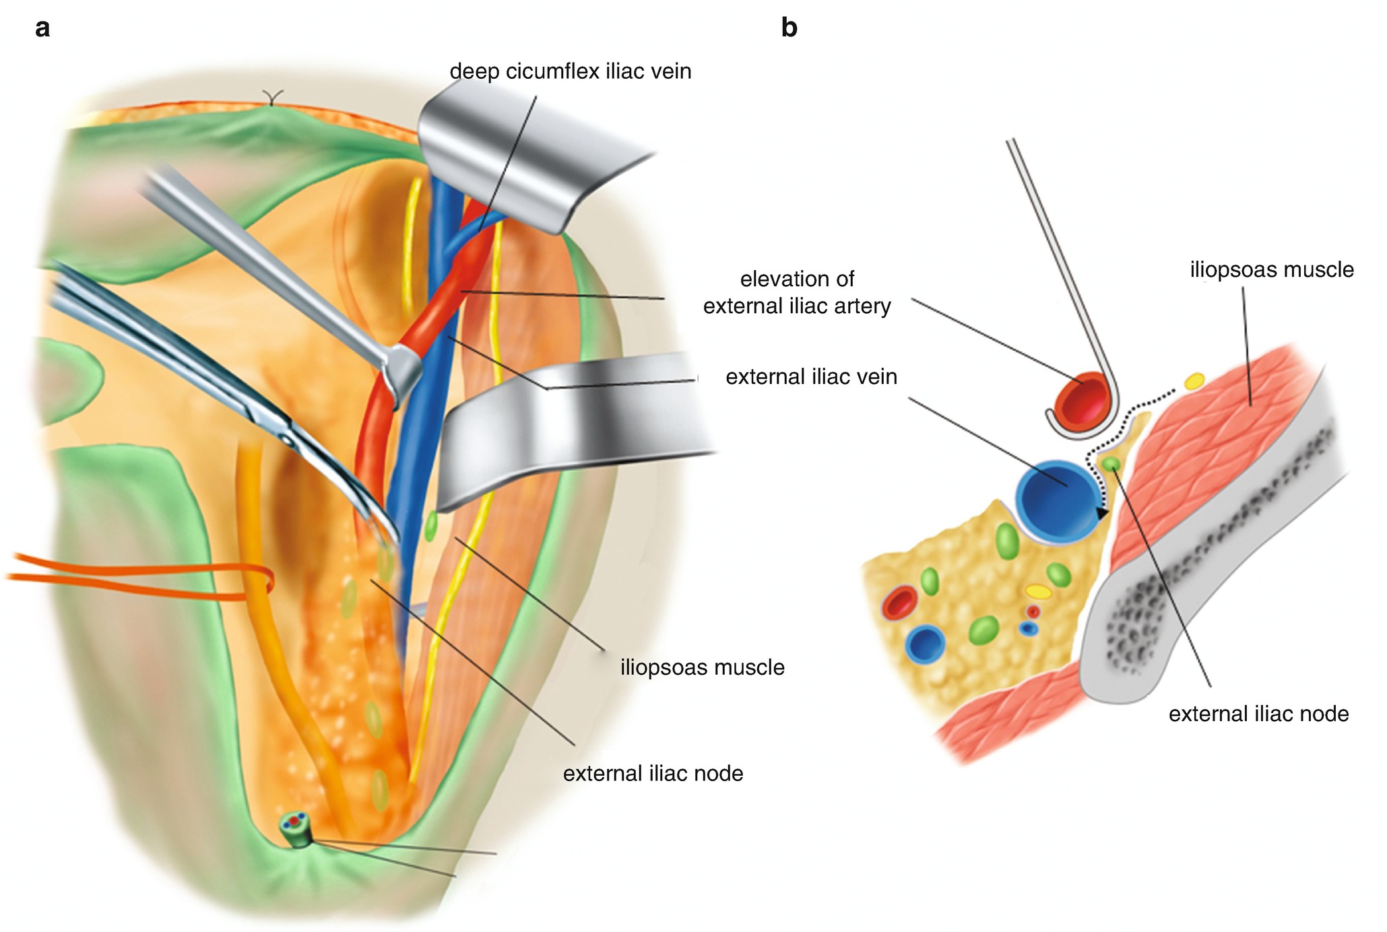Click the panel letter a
coord(42,28)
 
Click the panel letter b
coord(789,28)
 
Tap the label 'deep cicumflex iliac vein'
coord(570,71)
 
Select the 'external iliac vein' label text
coord(811,376)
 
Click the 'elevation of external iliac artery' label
coord(797,292)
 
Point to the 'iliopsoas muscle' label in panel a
coord(702,667)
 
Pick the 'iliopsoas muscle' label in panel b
coord(1271,269)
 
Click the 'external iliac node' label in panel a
coord(653,773)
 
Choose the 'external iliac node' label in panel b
coord(1258,714)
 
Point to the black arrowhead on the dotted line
coord(1101,514)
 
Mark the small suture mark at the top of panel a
coord(271,100)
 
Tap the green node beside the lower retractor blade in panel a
coord(431,526)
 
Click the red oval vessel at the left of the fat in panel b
coord(899,603)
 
